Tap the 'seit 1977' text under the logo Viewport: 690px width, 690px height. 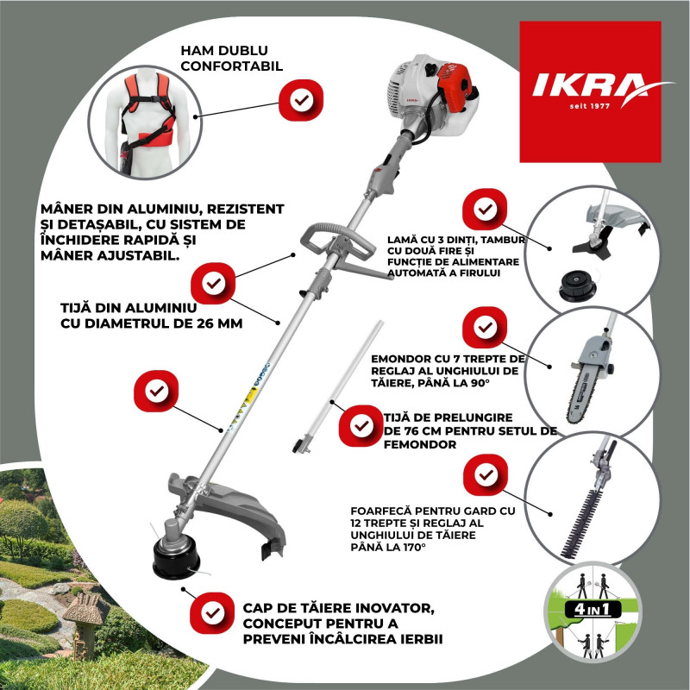pyautogui.click(x=590, y=106)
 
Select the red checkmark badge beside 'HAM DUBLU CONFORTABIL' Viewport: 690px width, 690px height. pyautogui.click(x=301, y=100)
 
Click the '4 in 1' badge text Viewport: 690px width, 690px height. pyautogui.click(x=593, y=610)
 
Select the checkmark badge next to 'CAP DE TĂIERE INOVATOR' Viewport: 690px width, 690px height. pyautogui.click(x=211, y=613)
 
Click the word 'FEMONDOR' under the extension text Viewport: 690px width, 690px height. pyautogui.click(x=420, y=444)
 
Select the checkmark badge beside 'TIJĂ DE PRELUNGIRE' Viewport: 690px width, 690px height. pyautogui.click(x=361, y=426)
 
